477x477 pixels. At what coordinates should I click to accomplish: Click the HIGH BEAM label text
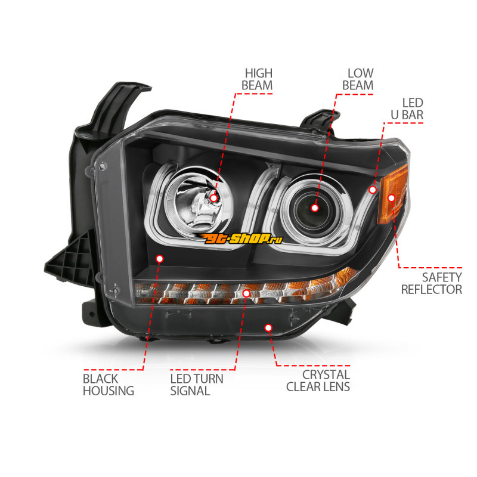click(x=257, y=79)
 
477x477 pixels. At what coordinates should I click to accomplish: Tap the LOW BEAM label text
click(x=358, y=79)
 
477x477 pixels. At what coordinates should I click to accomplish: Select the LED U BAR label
click(x=407, y=109)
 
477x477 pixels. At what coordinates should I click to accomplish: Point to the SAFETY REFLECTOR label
click(x=432, y=283)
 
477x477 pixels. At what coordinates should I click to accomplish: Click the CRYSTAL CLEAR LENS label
click(x=318, y=380)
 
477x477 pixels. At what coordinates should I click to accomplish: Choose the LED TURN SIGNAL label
click(x=197, y=385)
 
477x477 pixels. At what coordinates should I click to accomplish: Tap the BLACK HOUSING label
click(x=109, y=385)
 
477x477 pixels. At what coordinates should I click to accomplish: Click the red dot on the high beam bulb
click(x=214, y=198)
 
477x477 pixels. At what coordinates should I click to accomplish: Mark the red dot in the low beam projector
click(x=315, y=207)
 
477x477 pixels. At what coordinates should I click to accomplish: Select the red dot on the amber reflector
click(x=392, y=198)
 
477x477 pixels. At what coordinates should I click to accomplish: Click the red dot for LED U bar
click(x=373, y=190)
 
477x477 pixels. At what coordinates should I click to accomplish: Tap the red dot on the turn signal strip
click(x=246, y=293)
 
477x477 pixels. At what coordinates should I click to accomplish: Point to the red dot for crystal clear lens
click(x=268, y=327)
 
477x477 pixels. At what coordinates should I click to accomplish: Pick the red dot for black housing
click(x=159, y=259)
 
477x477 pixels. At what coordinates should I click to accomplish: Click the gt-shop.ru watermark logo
click(x=240, y=238)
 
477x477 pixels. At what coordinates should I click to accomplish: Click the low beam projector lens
click(x=311, y=209)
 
